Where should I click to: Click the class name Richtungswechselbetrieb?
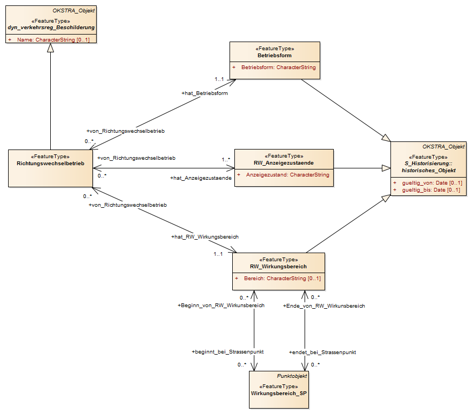point(51,164)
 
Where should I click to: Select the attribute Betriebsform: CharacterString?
point(279,67)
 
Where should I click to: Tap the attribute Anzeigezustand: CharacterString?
point(287,175)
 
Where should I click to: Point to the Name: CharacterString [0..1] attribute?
point(53,40)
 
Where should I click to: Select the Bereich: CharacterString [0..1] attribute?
point(282,279)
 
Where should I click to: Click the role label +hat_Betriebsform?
point(205,93)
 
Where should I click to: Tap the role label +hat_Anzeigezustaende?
point(201,178)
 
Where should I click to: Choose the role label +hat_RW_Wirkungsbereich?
point(205,237)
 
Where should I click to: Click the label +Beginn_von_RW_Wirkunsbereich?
point(221,306)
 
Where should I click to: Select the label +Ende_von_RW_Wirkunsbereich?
point(324,306)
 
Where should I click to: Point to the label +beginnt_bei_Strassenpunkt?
point(227,352)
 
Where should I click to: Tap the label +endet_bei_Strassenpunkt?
point(322,352)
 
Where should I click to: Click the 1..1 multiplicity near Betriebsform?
point(219,79)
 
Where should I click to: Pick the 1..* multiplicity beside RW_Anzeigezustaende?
point(226,159)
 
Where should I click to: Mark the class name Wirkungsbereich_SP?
point(279,393)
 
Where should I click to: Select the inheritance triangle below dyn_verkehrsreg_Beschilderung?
point(51,48)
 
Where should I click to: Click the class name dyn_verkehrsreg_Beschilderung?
point(51,28)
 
